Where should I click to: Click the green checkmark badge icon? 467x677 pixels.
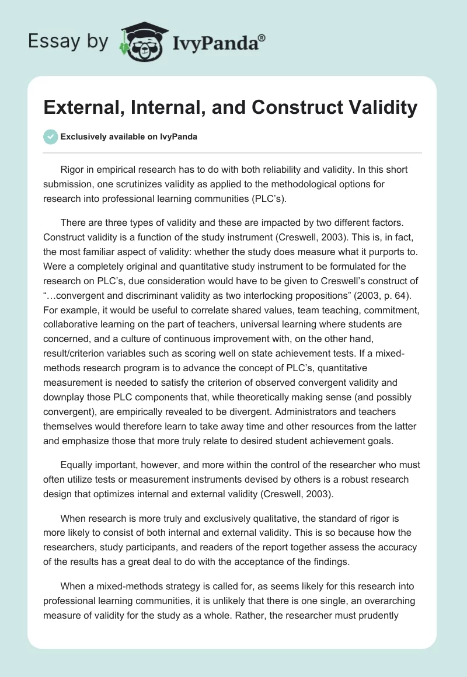pos(50,137)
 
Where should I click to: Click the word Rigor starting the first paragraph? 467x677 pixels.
pos(72,170)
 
